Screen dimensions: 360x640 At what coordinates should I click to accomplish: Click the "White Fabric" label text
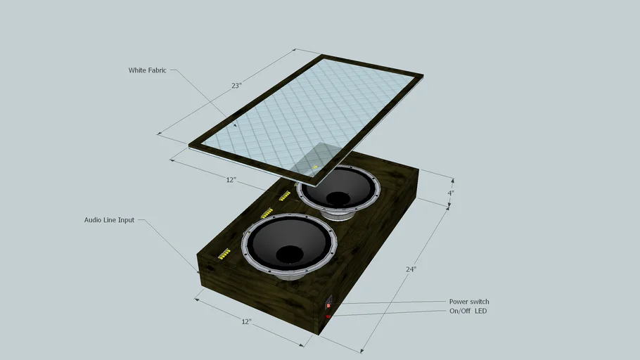click(147, 70)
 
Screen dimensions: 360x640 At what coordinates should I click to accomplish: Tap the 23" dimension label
click(236, 85)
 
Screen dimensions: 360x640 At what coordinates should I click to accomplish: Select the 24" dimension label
click(411, 269)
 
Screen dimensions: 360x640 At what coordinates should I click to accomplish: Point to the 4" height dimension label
click(450, 193)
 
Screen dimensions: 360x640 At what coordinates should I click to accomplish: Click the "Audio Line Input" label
click(109, 220)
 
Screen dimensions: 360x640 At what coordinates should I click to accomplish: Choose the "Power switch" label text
click(469, 302)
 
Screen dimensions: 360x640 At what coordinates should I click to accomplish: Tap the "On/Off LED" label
click(468, 311)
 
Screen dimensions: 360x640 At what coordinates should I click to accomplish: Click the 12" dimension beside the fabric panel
click(231, 180)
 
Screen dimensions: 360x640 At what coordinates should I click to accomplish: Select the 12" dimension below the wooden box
click(246, 321)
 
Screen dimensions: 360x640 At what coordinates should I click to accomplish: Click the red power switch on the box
click(328, 305)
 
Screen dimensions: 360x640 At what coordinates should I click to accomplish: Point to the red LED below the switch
click(328, 316)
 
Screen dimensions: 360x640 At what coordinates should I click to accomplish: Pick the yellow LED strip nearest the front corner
click(224, 254)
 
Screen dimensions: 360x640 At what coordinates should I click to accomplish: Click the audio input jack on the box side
click(200, 272)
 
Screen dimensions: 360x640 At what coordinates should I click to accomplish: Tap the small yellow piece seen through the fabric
click(315, 167)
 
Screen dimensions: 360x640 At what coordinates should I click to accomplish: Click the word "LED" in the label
click(480, 311)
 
